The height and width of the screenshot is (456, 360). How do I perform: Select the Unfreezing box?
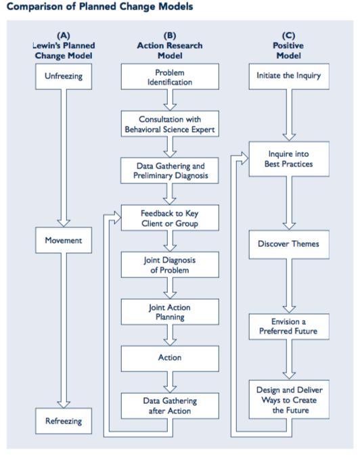(x=64, y=76)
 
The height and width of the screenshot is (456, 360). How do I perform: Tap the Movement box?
(x=64, y=241)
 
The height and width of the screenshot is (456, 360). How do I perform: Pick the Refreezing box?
(x=64, y=421)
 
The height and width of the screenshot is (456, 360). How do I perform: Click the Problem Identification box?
(x=170, y=77)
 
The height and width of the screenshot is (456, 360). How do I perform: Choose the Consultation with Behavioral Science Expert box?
(x=170, y=124)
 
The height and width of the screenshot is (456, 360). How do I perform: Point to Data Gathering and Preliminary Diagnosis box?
(x=170, y=170)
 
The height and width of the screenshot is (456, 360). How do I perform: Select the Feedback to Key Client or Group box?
(x=170, y=218)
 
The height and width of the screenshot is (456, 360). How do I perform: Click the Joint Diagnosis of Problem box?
(x=170, y=265)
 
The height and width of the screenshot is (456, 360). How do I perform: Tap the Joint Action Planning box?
(x=170, y=312)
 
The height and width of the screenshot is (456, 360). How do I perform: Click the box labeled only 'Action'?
(x=170, y=358)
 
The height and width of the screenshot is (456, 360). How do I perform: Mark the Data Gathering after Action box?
(x=170, y=405)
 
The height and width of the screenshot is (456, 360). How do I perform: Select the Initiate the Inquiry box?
(x=288, y=76)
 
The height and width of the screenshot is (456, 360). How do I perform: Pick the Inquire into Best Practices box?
(x=288, y=159)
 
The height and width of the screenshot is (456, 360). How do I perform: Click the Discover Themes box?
(x=288, y=244)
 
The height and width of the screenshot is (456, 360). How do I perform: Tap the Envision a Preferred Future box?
(x=288, y=327)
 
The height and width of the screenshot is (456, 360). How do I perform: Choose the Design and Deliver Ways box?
(x=288, y=400)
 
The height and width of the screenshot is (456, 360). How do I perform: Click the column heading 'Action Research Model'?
(x=170, y=50)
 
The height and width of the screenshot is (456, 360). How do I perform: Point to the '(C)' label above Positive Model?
(x=289, y=35)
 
